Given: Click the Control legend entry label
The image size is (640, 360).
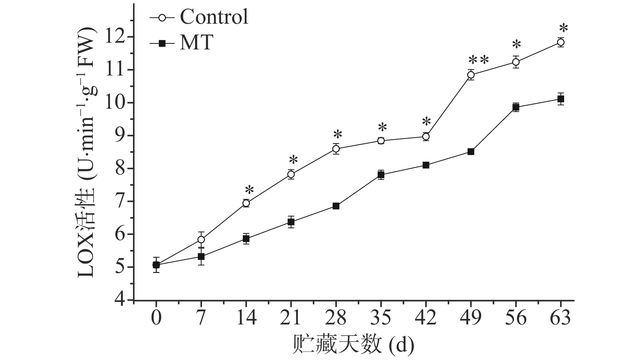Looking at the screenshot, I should click(x=214, y=17).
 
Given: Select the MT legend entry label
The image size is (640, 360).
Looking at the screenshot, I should click(x=196, y=43).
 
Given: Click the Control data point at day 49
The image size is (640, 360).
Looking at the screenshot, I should click(x=471, y=75).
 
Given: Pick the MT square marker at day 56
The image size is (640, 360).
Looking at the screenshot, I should click(x=516, y=107).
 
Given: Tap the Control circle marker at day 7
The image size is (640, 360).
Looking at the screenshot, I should click(x=201, y=239).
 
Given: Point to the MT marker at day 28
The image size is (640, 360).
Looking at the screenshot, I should click(x=336, y=206).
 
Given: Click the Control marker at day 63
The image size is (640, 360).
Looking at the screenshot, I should click(x=561, y=42).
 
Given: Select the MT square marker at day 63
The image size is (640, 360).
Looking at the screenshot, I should click(x=561, y=99).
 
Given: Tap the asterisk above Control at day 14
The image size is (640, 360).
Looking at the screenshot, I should click(x=249, y=190).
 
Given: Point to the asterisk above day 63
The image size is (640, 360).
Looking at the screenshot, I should click(x=563, y=28).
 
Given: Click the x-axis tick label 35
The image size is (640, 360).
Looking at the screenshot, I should click(x=381, y=318).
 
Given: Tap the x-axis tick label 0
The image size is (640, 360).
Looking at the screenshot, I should click(x=156, y=318).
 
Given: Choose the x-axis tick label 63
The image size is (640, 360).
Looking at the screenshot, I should click(x=561, y=318).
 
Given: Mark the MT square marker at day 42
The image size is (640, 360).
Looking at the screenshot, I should click(x=426, y=165).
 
